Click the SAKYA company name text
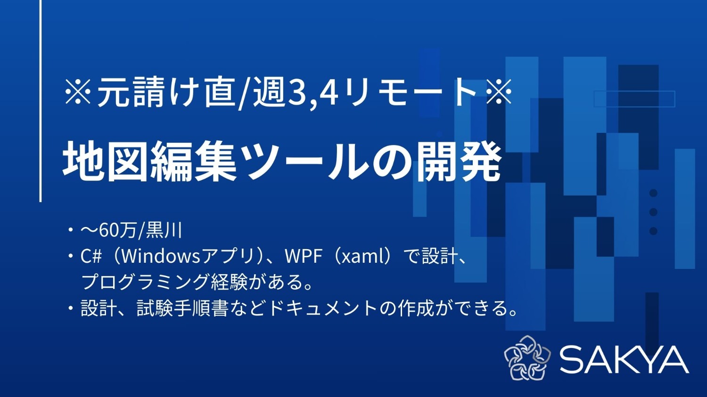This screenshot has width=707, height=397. [x=624, y=360]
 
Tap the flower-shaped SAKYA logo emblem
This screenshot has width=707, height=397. [x=527, y=358]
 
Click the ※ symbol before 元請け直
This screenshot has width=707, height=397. [x=78, y=92]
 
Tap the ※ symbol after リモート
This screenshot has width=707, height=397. [x=499, y=92]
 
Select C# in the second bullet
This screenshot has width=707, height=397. [x=91, y=256]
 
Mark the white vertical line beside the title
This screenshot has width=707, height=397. [x=41, y=101]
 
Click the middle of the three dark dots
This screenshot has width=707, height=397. [x=653, y=212]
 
